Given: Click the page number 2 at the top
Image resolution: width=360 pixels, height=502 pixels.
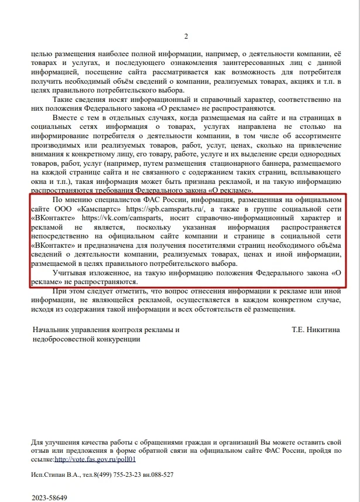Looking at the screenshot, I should [x=186, y=37].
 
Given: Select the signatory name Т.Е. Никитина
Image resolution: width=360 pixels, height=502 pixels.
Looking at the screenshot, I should [x=316, y=330].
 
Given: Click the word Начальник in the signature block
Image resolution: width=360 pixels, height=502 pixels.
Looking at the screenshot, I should [x=51, y=330].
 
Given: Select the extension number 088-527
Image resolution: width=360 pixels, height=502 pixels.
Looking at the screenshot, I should [x=160, y=475].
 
